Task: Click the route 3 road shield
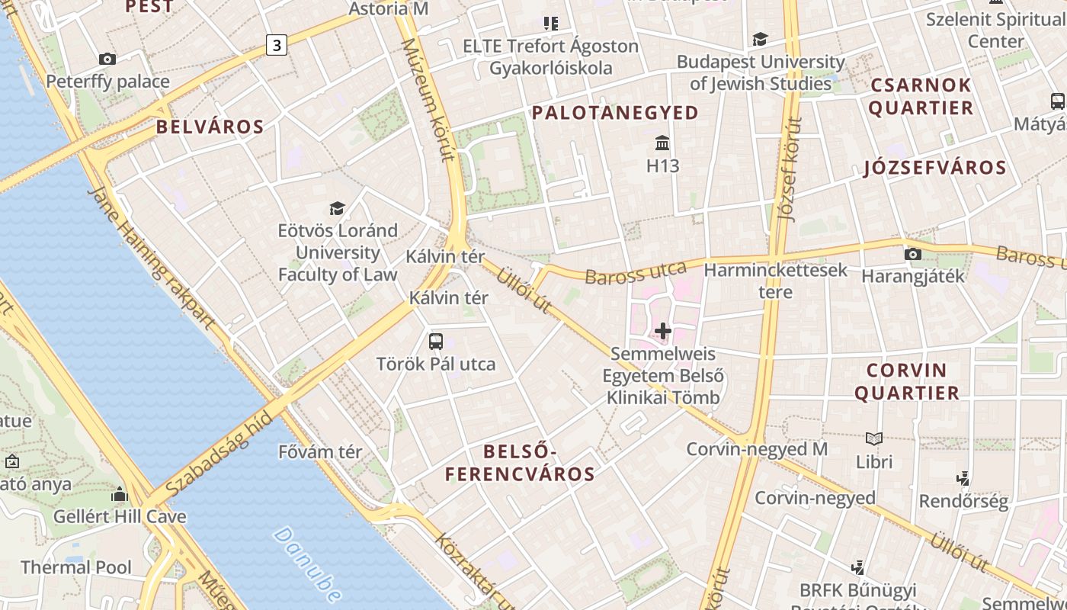[x=277, y=46]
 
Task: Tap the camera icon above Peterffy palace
[x=107, y=59]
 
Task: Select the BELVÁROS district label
[x=210, y=127]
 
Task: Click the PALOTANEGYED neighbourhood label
[x=615, y=113]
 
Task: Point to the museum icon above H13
[x=662, y=143]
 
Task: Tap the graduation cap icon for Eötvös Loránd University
[x=337, y=208]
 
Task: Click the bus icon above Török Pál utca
[x=436, y=342]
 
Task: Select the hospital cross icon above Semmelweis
[x=663, y=331]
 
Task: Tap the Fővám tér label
[x=320, y=451]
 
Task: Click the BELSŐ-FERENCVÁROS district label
[x=520, y=464]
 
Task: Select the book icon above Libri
[x=873, y=438]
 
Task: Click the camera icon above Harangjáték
[x=912, y=254]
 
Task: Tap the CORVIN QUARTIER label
[x=906, y=382]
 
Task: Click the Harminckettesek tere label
[x=775, y=281]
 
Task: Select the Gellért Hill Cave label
[x=119, y=516]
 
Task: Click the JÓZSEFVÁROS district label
[x=934, y=168]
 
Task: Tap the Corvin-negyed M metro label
[x=757, y=449]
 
